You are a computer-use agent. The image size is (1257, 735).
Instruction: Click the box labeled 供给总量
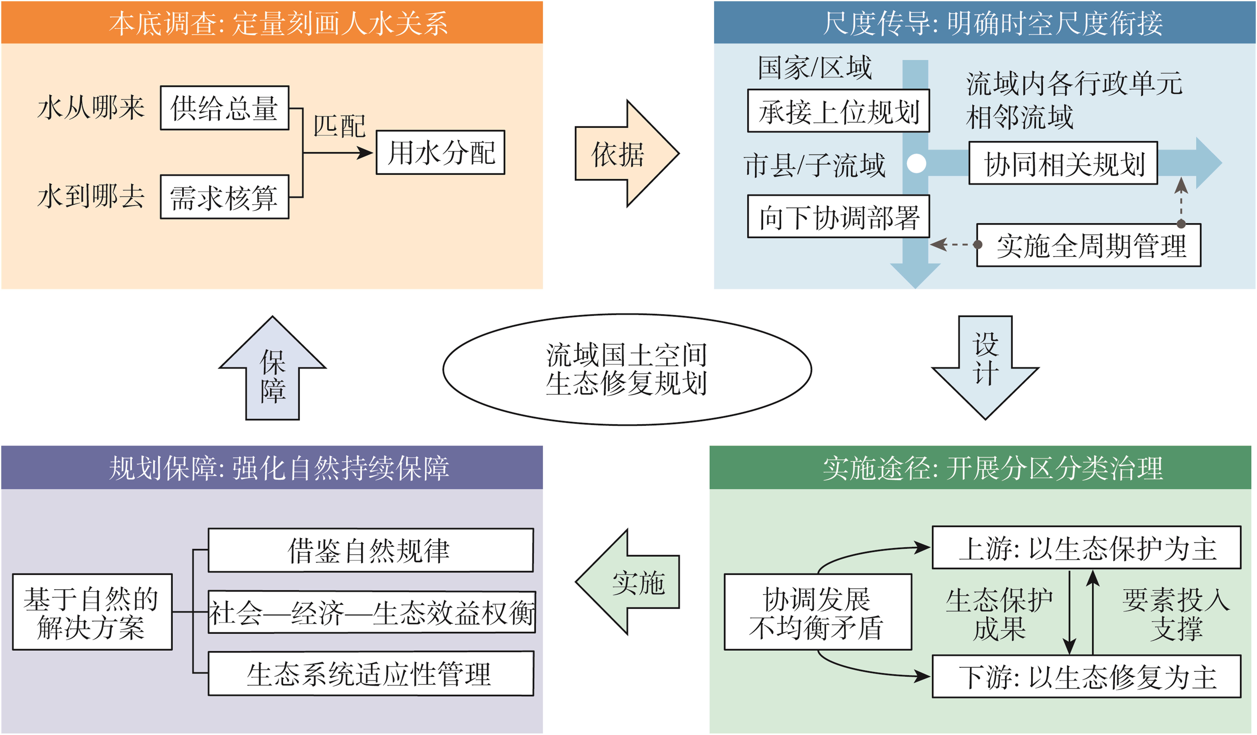[224, 108]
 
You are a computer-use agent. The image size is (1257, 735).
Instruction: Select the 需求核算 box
[224, 197]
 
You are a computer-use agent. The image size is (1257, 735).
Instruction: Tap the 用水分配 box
[440, 152]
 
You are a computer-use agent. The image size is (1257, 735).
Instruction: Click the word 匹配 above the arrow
[339, 126]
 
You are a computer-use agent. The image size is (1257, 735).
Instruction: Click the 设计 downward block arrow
[985, 368]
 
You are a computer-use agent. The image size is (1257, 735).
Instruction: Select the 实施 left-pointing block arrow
[627, 582]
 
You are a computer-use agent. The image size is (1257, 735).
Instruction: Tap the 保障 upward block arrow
[272, 368]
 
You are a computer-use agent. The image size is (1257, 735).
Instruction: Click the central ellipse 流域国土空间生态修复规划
[627, 369]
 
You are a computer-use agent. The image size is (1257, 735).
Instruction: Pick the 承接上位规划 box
[839, 111]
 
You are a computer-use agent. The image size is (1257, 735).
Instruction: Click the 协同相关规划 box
[1063, 163]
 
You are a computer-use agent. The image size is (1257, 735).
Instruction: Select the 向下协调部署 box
[839, 216]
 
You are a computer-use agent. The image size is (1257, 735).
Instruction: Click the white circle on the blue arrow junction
[916, 163]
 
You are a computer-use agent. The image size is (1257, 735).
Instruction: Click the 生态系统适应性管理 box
[371, 674]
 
